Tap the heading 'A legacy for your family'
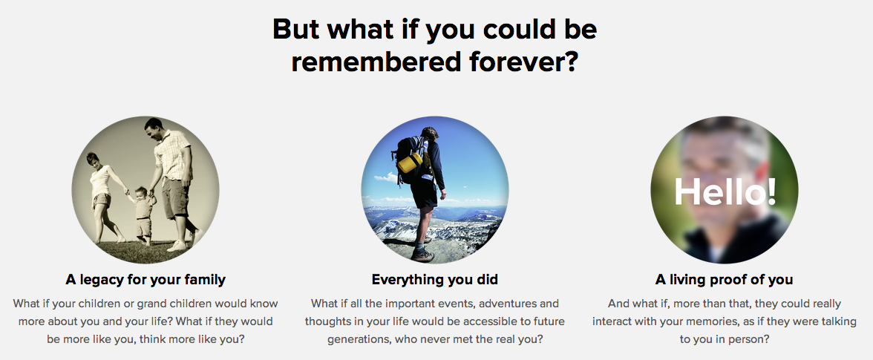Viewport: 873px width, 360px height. (145, 279)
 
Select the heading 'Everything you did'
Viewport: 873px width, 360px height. (435, 279)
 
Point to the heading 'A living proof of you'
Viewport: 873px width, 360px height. (724, 279)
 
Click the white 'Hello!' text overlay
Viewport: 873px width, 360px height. (725, 192)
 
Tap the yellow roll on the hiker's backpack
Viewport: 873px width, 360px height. (411, 163)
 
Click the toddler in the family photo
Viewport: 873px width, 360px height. (143, 215)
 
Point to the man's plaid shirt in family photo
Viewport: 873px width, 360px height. (173, 155)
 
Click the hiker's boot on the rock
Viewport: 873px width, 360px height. (422, 255)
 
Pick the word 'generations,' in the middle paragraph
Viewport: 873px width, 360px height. (359, 339)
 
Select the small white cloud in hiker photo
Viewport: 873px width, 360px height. (385, 178)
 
